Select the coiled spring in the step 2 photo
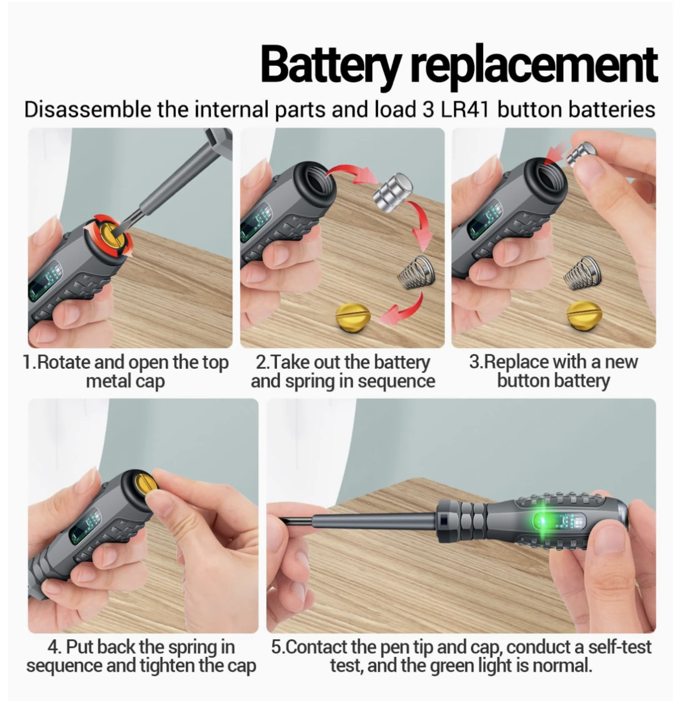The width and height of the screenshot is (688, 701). tap(416, 271)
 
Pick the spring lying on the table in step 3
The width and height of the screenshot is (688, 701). tap(582, 272)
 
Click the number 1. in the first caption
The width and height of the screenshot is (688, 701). tap(29, 362)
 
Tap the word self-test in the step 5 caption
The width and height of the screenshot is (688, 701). tap(617, 647)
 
